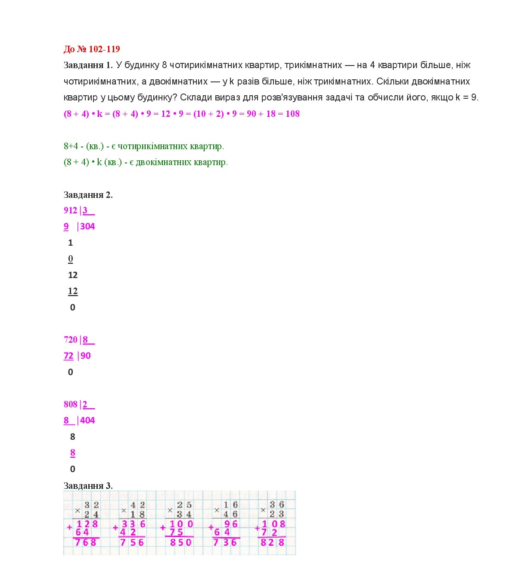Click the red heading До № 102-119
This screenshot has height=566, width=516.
click(x=91, y=49)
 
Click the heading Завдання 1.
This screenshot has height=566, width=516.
click(x=88, y=65)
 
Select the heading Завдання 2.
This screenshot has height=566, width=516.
click(x=88, y=195)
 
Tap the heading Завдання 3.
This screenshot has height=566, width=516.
click(x=88, y=486)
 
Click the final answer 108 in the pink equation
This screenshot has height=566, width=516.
click(x=292, y=114)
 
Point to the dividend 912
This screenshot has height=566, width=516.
click(x=70, y=210)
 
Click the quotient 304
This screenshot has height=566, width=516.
click(x=87, y=226)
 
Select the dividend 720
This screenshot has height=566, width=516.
click(x=70, y=340)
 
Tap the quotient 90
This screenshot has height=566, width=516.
click(x=86, y=356)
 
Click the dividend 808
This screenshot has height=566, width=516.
click(x=70, y=404)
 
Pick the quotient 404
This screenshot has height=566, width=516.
click(x=87, y=420)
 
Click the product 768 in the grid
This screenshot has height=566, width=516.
click(x=85, y=542)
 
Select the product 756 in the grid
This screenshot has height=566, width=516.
click(x=132, y=542)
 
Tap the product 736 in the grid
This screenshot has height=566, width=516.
click(x=225, y=542)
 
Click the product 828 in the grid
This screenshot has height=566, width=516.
click(x=273, y=542)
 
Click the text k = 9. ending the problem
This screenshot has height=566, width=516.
click(x=467, y=97)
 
